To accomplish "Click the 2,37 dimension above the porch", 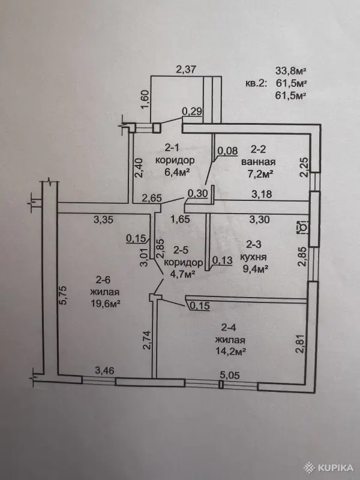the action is click(186, 70).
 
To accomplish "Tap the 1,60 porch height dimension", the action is click(145, 100).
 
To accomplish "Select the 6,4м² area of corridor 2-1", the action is click(176, 172).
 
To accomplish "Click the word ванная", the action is click(259, 161).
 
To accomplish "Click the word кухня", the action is click(253, 257).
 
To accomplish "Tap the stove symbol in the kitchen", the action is click(303, 227).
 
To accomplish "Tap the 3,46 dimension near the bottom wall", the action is click(104, 371).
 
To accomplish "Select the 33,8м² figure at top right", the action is click(291, 71).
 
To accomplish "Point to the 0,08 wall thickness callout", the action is click(227, 151).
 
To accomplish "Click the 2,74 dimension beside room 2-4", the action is click(147, 340).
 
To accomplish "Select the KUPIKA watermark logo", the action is click(328, 467).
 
